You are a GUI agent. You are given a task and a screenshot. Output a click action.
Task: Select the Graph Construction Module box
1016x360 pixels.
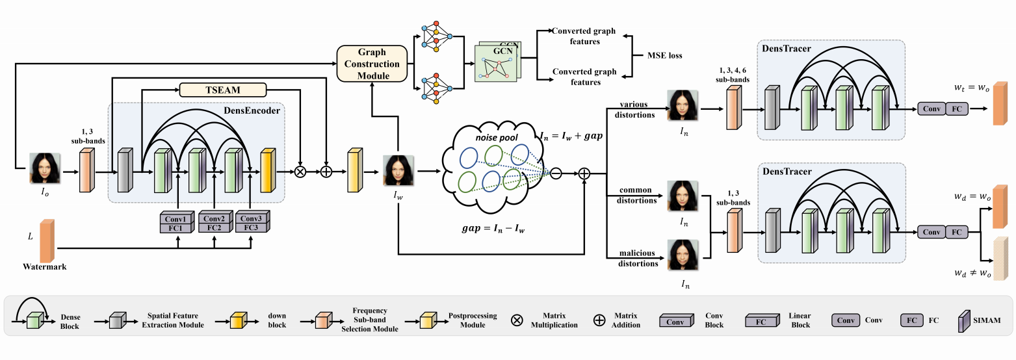pos(372,64)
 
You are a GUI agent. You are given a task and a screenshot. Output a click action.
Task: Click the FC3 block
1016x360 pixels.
pos(252,228)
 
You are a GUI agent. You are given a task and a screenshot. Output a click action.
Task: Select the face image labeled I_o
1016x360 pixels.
pos(46,168)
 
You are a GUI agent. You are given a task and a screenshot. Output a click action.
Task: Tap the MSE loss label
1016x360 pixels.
pos(664,56)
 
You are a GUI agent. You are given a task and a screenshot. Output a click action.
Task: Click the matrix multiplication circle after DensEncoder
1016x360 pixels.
pos(300,172)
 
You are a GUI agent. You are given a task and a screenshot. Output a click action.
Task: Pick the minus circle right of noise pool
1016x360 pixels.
pos(556,173)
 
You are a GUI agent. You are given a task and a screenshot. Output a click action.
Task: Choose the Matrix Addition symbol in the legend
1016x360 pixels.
pos(599,320)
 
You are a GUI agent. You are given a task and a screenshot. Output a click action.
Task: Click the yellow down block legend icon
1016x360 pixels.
pos(239,320)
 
